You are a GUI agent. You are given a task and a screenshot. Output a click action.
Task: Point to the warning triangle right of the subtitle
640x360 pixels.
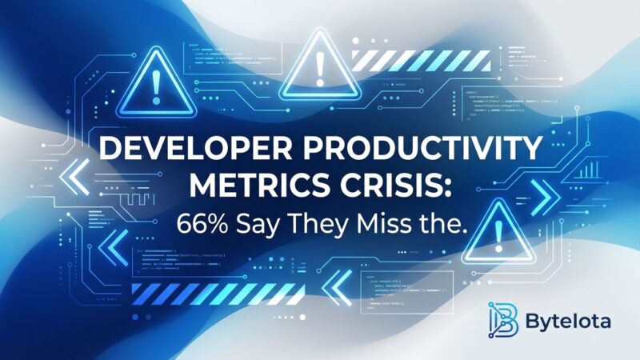(498, 227)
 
